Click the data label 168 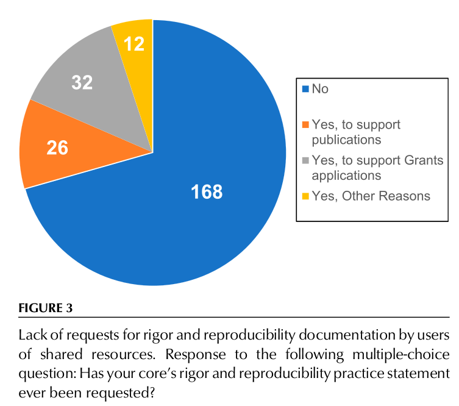[x=207, y=192]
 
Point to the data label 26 [x=57, y=148]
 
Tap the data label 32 [x=82, y=82]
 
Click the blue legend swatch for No [x=305, y=89]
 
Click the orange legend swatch [x=305, y=125]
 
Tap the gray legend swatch [x=305, y=161]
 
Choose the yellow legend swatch [x=305, y=196]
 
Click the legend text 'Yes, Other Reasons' [x=371, y=196]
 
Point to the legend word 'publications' [x=346, y=140]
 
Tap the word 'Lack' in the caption [x=32, y=335]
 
